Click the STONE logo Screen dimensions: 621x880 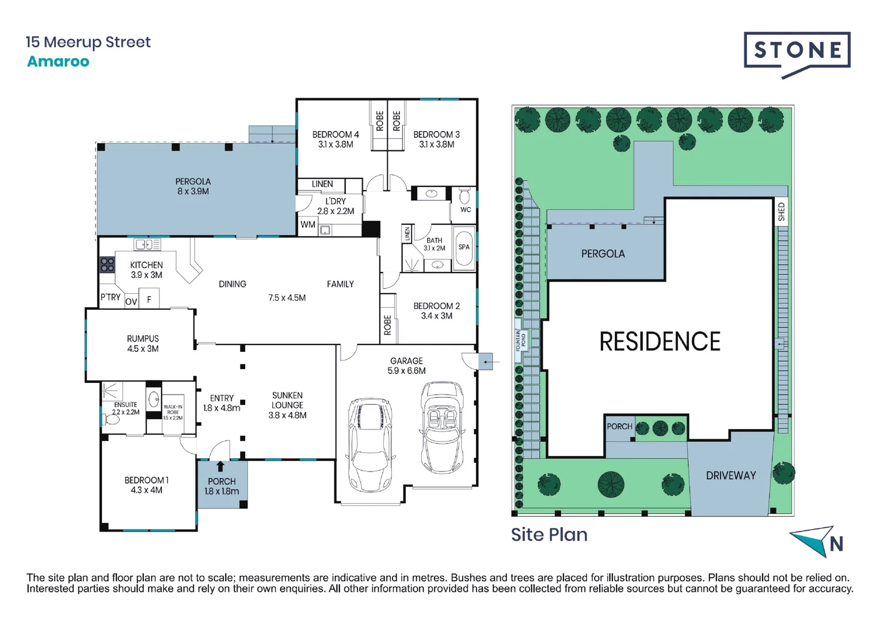(x=797, y=51)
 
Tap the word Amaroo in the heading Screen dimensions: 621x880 (x=58, y=62)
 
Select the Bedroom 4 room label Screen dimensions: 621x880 (x=336, y=139)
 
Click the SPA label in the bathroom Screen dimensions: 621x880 (x=464, y=247)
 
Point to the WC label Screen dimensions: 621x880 (x=466, y=210)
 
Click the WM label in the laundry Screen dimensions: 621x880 (x=308, y=225)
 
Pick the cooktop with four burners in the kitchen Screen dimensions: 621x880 (x=108, y=264)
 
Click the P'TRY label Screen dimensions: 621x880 (x=111, y=297)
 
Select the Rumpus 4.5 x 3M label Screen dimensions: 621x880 (x=143, y=344)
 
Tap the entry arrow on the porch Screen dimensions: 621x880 (x=220, y=466)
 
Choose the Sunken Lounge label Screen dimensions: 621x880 (x=287, y=405)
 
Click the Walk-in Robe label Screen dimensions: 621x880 (x=173, y=412)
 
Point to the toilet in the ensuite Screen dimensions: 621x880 (x=111, y=420)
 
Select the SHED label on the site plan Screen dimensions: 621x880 (x=781, y=212)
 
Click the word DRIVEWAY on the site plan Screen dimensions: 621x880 (x=731, y=476)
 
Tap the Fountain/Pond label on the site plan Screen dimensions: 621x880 (x=520, y=340)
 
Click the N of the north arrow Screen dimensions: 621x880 (x=836, y=543)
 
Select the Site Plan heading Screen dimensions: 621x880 (x=549, y=535)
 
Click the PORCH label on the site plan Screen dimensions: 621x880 (x=619, y=427)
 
